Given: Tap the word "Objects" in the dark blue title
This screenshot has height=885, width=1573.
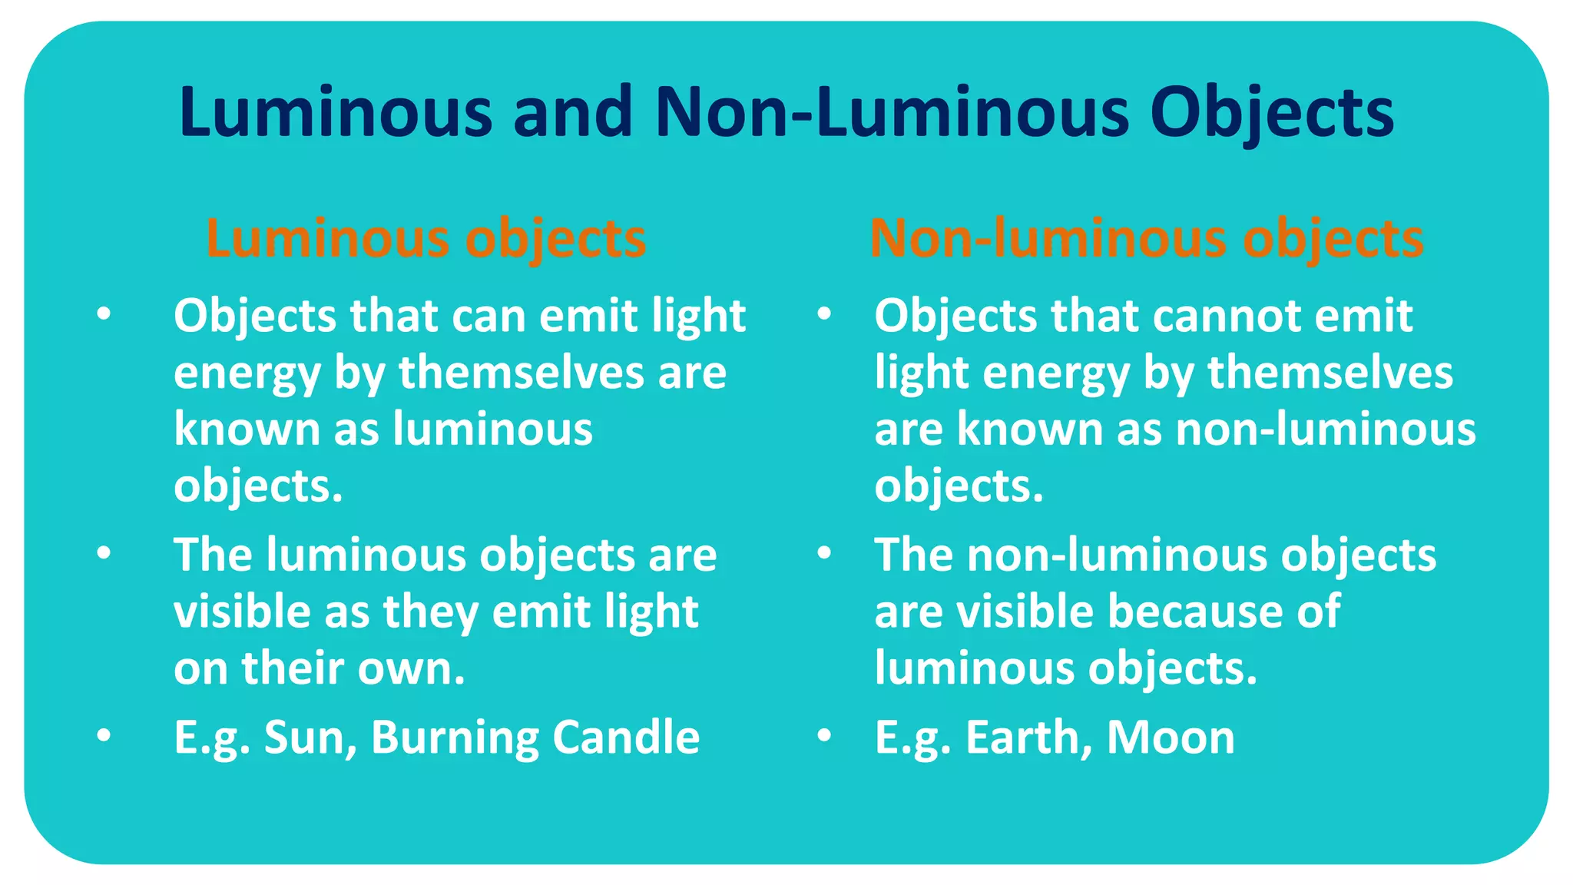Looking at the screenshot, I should (1271, 114).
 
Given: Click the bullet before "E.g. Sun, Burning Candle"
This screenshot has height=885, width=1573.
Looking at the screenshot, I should (104, 735).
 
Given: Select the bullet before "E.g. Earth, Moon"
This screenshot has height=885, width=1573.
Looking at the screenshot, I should (824, 735).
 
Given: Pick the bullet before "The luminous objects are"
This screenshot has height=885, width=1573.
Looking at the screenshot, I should (104, 552).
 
